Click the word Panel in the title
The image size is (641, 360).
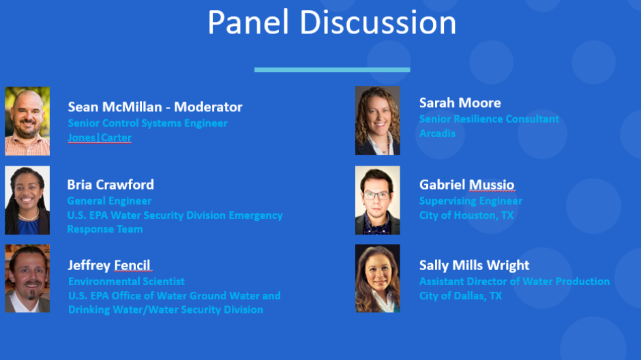click(x=248, y=22)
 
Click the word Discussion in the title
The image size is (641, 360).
click(x=378, y=22)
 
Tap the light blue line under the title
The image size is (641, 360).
click(x=332, y=70)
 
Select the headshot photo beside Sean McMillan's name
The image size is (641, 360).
click(x=27, y=121)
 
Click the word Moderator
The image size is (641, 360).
click(x=208, y=107)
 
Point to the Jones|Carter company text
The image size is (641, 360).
click(x=100, y=138)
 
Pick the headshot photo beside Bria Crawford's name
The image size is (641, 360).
click(x=27, y=200)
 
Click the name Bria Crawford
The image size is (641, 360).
click(x=110, y=185)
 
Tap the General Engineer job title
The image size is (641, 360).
click(x=109, y=201)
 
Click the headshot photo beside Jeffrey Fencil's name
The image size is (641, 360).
click(x=27, y=279)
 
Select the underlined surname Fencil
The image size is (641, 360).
click(x=132, y=266)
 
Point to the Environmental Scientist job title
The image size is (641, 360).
click(x=126, y=282)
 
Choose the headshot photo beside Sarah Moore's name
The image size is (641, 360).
click(x=378, y=121)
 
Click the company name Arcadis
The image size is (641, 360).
click(x=437, y=134)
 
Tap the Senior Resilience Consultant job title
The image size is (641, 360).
click(x=489, y=119)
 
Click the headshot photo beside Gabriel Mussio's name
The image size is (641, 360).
click(x=378, y=200)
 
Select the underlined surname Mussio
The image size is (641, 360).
click(x=492, y=185)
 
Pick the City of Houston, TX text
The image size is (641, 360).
click(x=466, y=215)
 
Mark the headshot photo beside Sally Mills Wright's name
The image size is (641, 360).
click(x=378, y=279)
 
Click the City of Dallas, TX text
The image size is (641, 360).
click(x=460, y=296)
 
